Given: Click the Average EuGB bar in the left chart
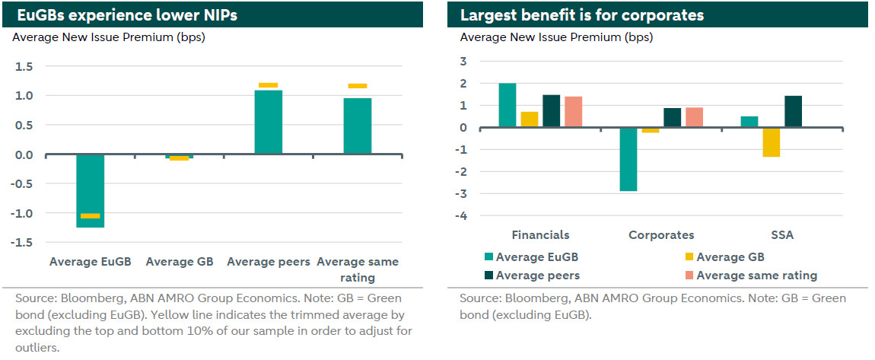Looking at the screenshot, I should pyautogui.click(x=91, y=190).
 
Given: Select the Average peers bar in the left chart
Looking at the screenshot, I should pyautogui.click(x=268, y=122).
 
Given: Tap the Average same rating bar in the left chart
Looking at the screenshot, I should pyautogui.click(x=357, y=126).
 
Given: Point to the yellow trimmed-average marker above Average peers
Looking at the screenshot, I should pyautogui.click(x=268, y=85).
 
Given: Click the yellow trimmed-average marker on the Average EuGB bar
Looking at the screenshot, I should pyautogui.click(x=91, y=216).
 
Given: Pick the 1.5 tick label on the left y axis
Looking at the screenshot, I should pyautogui.click(x=24, y=67).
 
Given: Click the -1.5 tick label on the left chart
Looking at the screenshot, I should pyautogui.click(x=21, y=242).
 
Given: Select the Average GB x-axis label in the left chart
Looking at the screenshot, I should pyautogui.click(x=179, y=262).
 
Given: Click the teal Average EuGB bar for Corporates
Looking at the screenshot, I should pyautogui.click(x=628, y=159).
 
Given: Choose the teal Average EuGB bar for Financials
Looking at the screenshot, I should pyautogui.click(x=508, y=105).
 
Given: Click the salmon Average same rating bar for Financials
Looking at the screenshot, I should pyautogui.click(x=574, y=112).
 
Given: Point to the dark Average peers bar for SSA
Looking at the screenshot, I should pyautogui.click(x=792, y=111).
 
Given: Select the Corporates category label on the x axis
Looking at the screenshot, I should pyautogui.click(x=660, y=235).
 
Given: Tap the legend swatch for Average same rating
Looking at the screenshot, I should pyautogui.click(x=682, y=276).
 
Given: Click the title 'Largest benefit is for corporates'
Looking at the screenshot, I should pyautogui.click(x=581, y=14).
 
